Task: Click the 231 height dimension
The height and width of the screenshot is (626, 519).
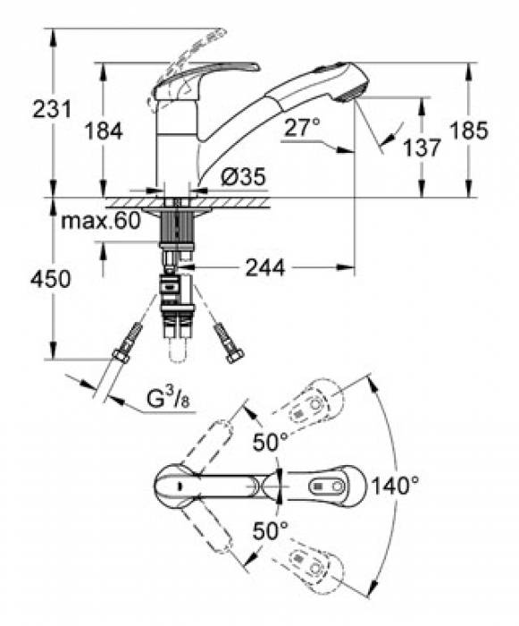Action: point(26,111)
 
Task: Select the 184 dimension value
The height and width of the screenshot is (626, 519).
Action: point(104,131)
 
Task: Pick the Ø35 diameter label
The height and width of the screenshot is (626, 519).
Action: point(242,178)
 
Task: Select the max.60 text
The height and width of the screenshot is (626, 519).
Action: point(101,222)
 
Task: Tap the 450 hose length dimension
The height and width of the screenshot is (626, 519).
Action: point(27,280)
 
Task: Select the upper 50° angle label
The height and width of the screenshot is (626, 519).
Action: point(269,441)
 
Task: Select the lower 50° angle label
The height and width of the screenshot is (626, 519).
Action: point(269,530)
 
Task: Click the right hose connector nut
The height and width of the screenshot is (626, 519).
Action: point(236,357)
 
